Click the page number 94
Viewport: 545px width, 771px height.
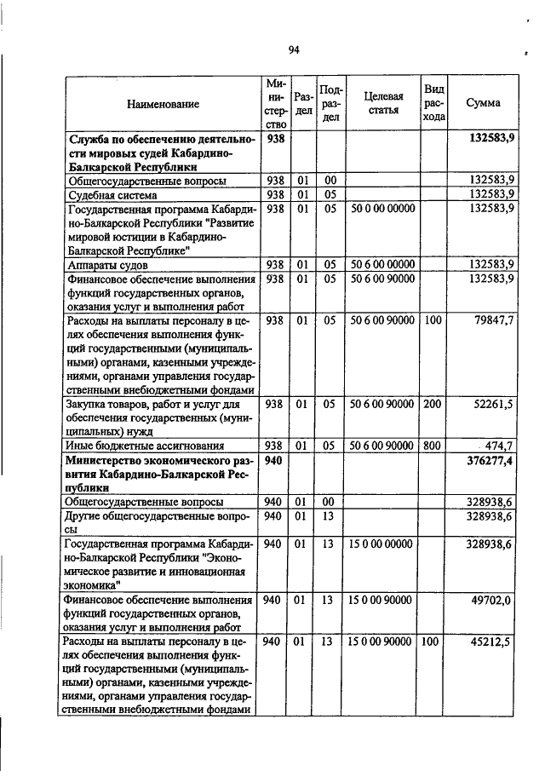tap(294, 50)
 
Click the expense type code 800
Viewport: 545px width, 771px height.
tap(433, 446)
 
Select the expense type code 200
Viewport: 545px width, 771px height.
tap(433, 404)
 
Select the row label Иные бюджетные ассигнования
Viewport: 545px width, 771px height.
tap(145, 446)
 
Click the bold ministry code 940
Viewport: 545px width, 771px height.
tap(272, 460)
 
